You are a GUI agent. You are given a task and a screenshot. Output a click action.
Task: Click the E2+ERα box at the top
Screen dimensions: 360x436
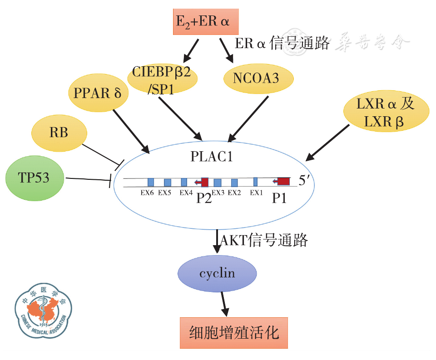tap(206, 21)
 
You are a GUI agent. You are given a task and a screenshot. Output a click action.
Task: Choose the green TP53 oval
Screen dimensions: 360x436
tap(34, 177)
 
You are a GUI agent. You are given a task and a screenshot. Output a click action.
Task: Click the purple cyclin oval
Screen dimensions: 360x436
tap(217, 273)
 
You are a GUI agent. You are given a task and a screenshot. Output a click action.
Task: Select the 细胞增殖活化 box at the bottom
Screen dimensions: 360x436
tap(234, 333)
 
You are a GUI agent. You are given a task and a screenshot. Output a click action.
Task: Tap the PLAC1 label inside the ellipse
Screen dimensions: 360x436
tap(212, 157)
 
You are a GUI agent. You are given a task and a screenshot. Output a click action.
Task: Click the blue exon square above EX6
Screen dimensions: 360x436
tap(151, 182)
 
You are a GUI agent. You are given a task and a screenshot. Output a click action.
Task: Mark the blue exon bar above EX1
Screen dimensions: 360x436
tap(255, 182)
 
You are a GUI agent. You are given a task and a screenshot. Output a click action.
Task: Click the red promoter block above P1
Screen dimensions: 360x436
tap(283, 182)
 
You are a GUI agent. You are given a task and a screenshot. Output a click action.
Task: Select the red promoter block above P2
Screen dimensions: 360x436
tap(203, 182)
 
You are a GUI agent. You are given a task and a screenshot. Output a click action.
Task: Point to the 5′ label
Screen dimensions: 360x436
tap(304, 181)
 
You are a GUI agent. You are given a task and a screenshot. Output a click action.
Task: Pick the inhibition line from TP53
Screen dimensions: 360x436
tap(89, 180)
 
